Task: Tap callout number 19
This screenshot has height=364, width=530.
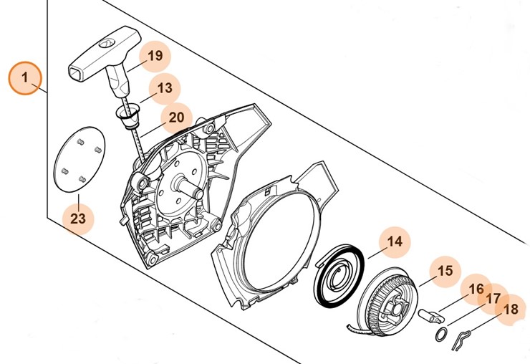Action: [x=155, y=56]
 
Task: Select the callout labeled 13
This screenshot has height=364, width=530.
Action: [x=164, y=89]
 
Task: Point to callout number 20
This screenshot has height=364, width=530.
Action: [x=176, y=117]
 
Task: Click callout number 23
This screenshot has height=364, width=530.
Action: [x=78, y=218]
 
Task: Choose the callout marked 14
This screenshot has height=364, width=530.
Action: [x=395, y=242]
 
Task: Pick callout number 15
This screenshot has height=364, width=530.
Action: [x=445, y=271]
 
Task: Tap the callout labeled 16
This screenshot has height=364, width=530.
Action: [x=476, y=289]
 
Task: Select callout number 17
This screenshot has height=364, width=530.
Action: [x=493, y=299]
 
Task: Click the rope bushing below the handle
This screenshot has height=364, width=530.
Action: [x=129, y=115]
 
